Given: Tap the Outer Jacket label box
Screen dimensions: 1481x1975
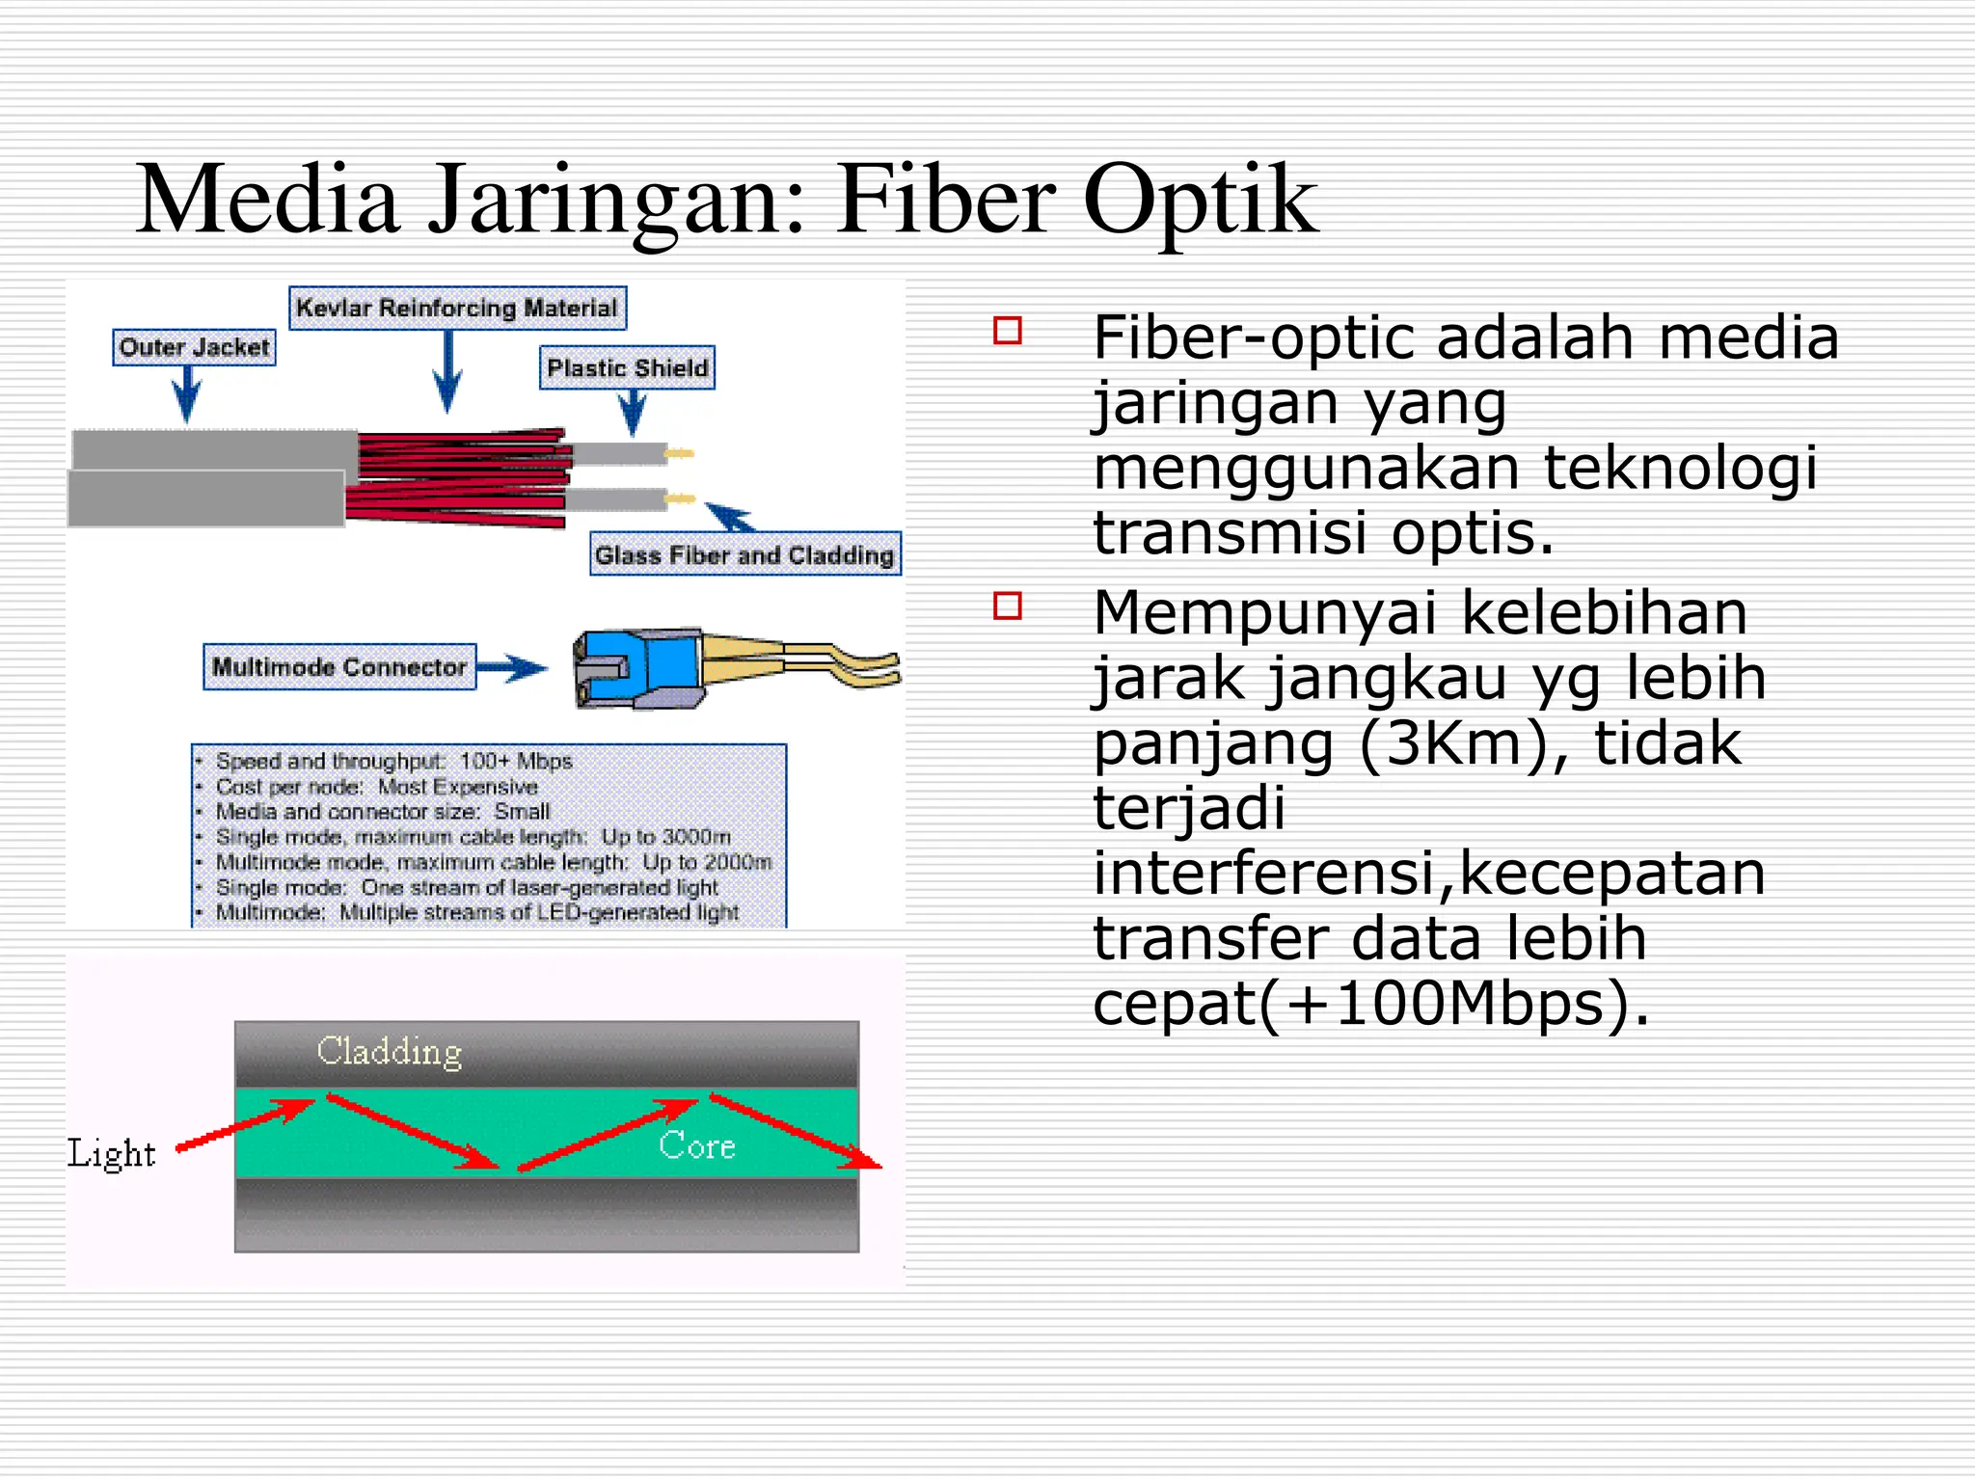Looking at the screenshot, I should [x=194, y=347].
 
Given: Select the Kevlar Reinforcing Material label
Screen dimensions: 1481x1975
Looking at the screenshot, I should [x=457, y=308].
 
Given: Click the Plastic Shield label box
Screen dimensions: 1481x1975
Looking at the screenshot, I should [x=627, y=367].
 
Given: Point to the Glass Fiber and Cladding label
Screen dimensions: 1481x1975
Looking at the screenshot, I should [x=744, y=554].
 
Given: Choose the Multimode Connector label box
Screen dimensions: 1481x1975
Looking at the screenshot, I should [x=339, y=666].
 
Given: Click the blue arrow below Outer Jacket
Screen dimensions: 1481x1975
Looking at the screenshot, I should [x=187, y=394].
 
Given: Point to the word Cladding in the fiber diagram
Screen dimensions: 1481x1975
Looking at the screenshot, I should [x=390, y=1051].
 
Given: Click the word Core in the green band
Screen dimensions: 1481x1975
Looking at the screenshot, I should [x=696, y=1145].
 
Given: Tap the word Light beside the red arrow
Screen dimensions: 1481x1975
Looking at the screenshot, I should [x=111, y=1153].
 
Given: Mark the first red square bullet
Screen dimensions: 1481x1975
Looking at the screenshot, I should [x=1007, y=331].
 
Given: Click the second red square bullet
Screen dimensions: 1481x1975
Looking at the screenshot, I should [x=1007, y=606].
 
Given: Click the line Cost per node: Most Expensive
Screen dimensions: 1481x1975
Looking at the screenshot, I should [x=376, y=787].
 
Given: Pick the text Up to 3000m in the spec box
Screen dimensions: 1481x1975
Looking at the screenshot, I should [x=665, y=837].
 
